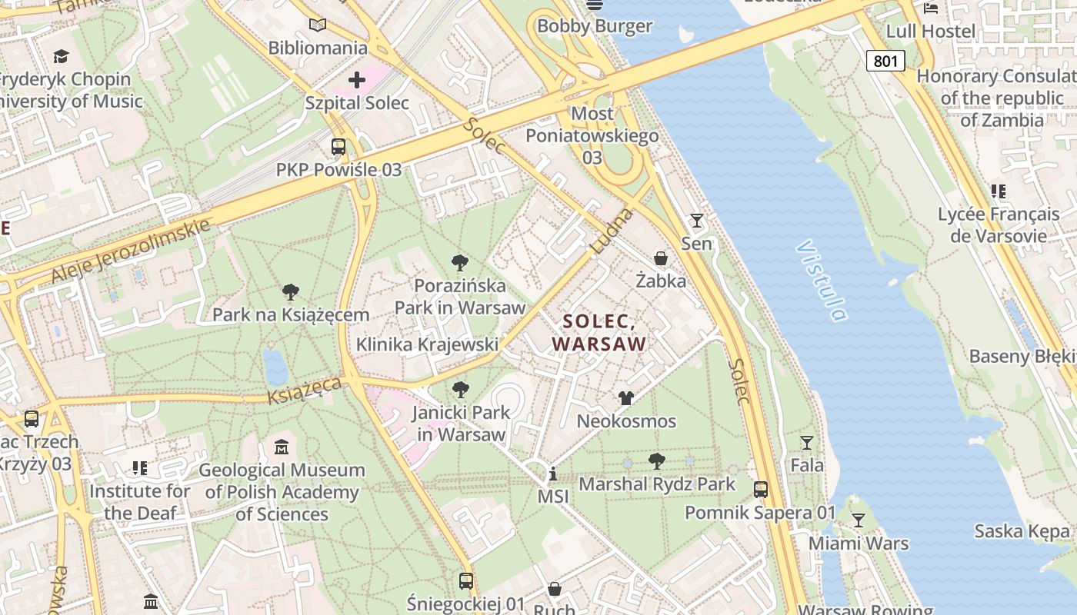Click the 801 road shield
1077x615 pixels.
885,61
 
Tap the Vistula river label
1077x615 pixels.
821,281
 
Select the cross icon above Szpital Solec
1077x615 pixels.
357,80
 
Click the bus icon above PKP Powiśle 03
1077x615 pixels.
338,147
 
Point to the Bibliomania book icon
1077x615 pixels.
318,25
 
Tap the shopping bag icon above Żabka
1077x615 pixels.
660,258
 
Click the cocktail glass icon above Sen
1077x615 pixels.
696,221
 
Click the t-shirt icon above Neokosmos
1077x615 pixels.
626,398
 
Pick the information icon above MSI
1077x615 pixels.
552,474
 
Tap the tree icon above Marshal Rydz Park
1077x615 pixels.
657,461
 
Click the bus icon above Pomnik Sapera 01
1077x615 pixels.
760,490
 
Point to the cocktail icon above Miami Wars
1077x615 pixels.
858,520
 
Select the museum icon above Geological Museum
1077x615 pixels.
282,447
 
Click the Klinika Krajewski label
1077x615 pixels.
427,344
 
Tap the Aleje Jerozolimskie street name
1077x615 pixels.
131,251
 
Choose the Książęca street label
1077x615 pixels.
305,390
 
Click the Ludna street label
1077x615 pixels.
612,231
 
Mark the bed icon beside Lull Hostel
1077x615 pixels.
931,8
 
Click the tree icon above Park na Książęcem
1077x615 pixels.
291,292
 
